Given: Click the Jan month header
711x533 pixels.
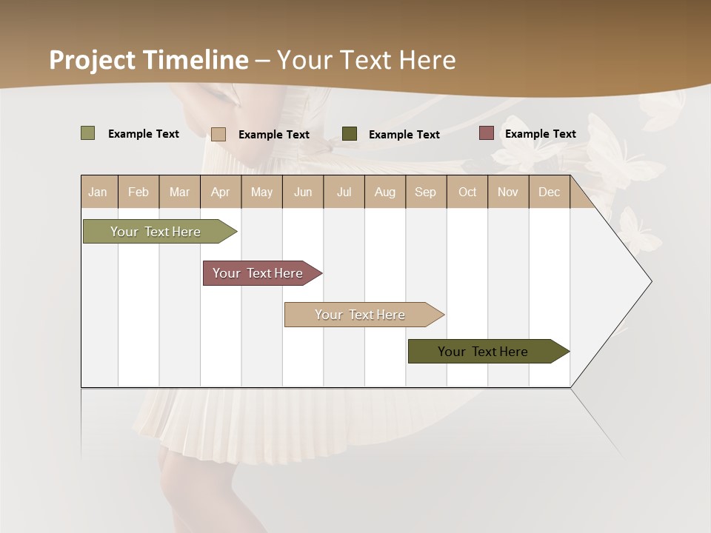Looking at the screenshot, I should coord(99,192).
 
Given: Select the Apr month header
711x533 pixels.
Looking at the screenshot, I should coord(221,192).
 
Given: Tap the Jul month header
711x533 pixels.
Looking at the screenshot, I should coord(344,192).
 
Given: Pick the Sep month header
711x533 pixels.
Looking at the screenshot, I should coord(426,192).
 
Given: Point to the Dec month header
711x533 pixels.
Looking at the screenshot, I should coord(549,192).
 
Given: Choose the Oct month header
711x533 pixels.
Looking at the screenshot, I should coord(467,192).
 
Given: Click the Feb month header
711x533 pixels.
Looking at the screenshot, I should coord(138,192).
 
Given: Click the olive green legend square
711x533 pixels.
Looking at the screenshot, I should coord(88,133).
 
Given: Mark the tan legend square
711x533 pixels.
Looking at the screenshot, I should coord(218,134).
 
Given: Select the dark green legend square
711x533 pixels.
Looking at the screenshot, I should coord(350,134).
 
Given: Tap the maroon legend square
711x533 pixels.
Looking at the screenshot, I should coord(487,133).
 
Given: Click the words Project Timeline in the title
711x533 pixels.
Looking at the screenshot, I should coord(149,60).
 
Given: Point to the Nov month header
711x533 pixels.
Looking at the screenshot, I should coord(508,192).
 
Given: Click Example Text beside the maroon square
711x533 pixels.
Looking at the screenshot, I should coord(540,134).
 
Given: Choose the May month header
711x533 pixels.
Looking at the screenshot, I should coord(261,192).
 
